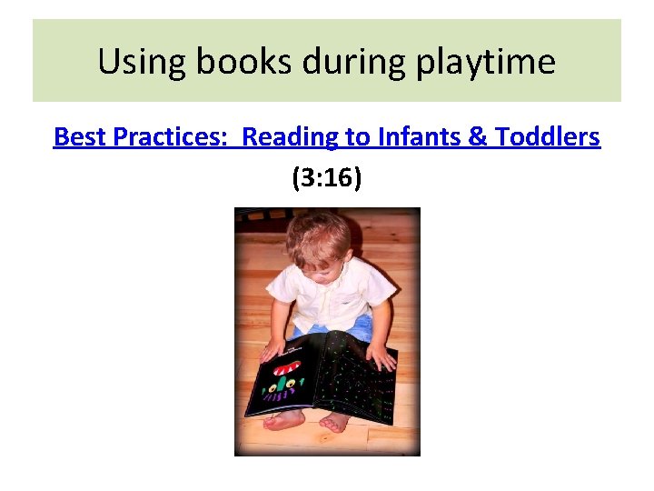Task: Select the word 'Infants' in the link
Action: [413, 137]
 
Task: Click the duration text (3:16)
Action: [327, 178]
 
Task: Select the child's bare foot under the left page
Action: [285, 420]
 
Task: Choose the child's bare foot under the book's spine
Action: [333, 421]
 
